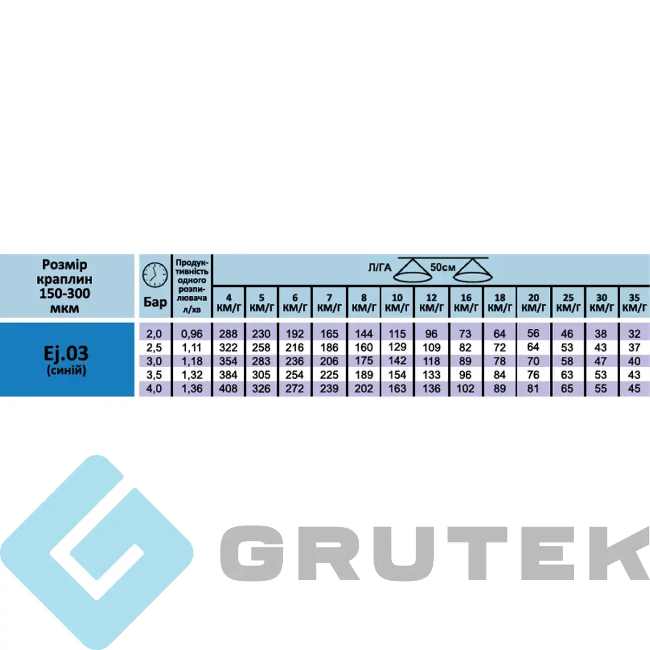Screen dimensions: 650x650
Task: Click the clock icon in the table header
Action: click(x=155, y=275)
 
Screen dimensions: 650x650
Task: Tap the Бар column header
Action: click(x=155, y=302)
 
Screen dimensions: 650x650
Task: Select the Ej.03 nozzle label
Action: click(x=66, y=354)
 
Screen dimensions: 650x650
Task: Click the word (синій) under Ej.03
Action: click(x=66, y=370)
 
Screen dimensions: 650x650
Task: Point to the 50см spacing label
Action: click(x=443, y=267)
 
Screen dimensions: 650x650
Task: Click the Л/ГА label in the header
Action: click(x=380, y=268)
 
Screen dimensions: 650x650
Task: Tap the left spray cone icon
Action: click(x=413, y=270)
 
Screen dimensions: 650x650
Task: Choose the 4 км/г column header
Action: click(x=229, y=303)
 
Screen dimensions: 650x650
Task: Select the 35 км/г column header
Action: click(x=634, y=303)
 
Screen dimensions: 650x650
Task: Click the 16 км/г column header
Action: click(x=466, y=303)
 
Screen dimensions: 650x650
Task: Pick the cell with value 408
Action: click(x=229, y=388)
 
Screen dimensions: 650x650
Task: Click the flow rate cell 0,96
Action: click(x=192, y=334)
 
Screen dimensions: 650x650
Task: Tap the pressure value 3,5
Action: click(x=154, y=375)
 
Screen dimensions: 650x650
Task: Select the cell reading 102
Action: click(x=465, y=388)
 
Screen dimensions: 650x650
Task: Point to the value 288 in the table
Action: click(x=229, y=334)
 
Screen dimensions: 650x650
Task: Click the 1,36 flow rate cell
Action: click(x=192, y=388)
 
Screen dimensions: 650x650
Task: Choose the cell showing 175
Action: click(x=363, y=361)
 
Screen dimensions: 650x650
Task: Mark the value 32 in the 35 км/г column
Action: click(x=634, y=334)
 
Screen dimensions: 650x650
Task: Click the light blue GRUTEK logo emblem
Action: click(x=96, y=552)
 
